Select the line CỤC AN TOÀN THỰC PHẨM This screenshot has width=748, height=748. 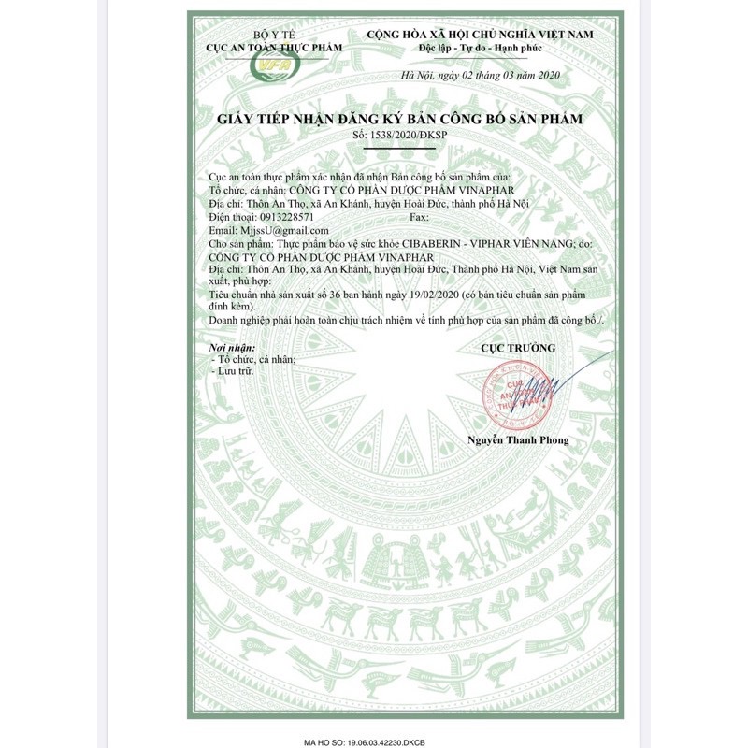274,46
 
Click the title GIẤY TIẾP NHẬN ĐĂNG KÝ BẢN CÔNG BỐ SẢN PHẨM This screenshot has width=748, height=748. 399,120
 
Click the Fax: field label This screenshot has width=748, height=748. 421,216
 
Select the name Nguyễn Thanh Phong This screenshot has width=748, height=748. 518,439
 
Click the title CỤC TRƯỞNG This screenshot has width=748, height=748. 518,347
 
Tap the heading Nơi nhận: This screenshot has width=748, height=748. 232,347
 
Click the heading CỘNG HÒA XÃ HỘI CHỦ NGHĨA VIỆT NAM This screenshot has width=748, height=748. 481,32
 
